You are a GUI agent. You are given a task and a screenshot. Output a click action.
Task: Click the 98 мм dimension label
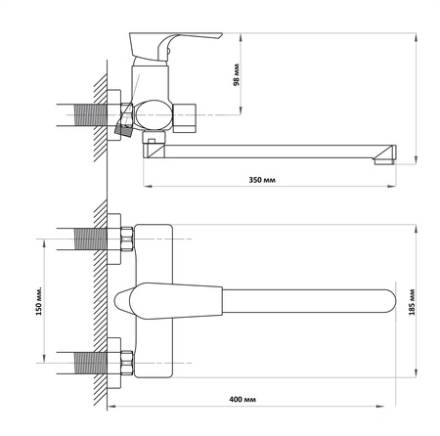pos(237,74)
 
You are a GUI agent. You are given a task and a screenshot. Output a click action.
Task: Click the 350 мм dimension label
pos(262,180)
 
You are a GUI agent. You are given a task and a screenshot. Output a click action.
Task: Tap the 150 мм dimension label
pos(39,301)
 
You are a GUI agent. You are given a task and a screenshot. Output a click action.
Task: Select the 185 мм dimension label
pos(413,302)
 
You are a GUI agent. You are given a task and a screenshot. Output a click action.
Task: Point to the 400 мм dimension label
pos(242,399)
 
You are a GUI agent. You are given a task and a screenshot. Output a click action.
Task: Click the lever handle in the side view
pos(176,46)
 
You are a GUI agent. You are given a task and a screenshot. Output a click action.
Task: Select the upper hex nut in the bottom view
pos(126,239)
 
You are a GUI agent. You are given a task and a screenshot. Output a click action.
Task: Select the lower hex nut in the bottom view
pos(126,363)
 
